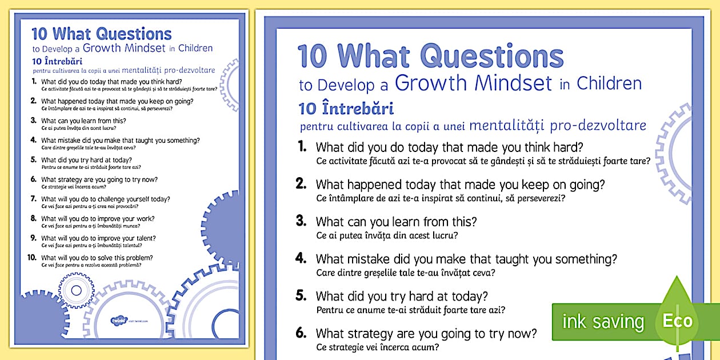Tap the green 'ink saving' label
603,322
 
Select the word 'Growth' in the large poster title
431,83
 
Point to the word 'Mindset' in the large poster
516,83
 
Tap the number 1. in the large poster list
302,147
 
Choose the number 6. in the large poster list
301,333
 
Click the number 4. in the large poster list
301,258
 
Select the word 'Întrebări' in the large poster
361,109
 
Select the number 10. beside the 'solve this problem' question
31,258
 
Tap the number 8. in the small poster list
33,219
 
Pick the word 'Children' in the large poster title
609,83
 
